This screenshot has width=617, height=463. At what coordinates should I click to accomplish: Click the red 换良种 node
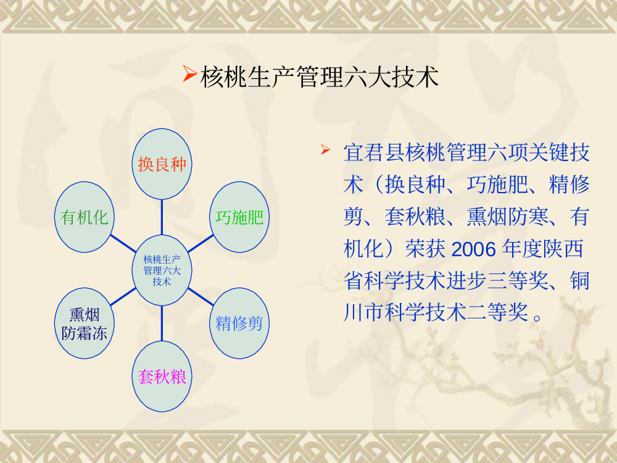(162, 164)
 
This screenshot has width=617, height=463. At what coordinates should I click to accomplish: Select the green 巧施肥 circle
(239, 217)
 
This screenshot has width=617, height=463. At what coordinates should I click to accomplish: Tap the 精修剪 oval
(239, 323)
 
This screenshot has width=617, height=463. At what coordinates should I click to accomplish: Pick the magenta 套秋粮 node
(162, 377)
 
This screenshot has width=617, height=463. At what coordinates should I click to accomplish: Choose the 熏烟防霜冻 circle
(84, 323)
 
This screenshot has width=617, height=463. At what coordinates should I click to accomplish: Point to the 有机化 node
(84, 217)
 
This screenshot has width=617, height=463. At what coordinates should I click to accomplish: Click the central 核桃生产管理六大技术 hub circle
(162, 270)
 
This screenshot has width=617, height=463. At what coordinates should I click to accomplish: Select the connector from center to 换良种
(162, 217)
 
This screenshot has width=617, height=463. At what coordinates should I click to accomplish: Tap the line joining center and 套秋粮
(162, 323)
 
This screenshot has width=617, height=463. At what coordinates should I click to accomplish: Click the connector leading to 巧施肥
(201, 243)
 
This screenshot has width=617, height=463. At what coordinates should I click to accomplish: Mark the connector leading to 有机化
(123, 243)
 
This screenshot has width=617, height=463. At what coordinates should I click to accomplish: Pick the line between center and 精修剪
(201, 297)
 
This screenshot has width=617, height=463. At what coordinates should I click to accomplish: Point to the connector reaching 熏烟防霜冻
(123, 297)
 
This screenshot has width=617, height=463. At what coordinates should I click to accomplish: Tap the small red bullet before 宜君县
(325, 149)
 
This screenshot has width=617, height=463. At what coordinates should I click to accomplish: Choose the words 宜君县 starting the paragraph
(373, 152)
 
